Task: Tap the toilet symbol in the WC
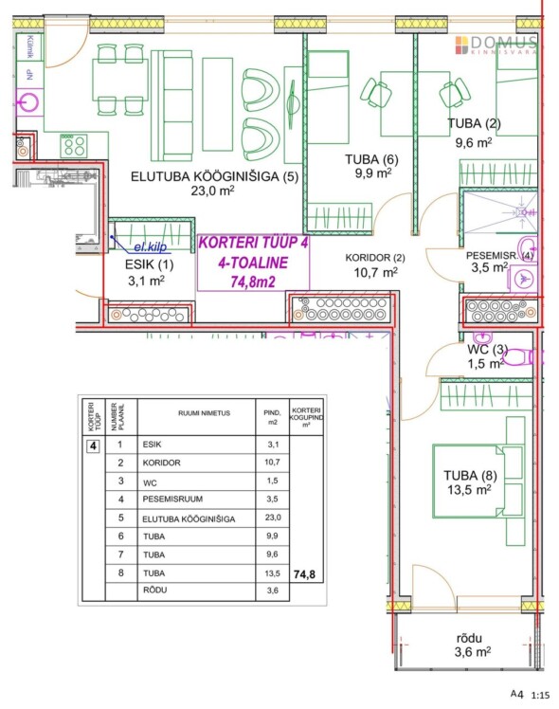519,357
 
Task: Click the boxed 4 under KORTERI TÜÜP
93,443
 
